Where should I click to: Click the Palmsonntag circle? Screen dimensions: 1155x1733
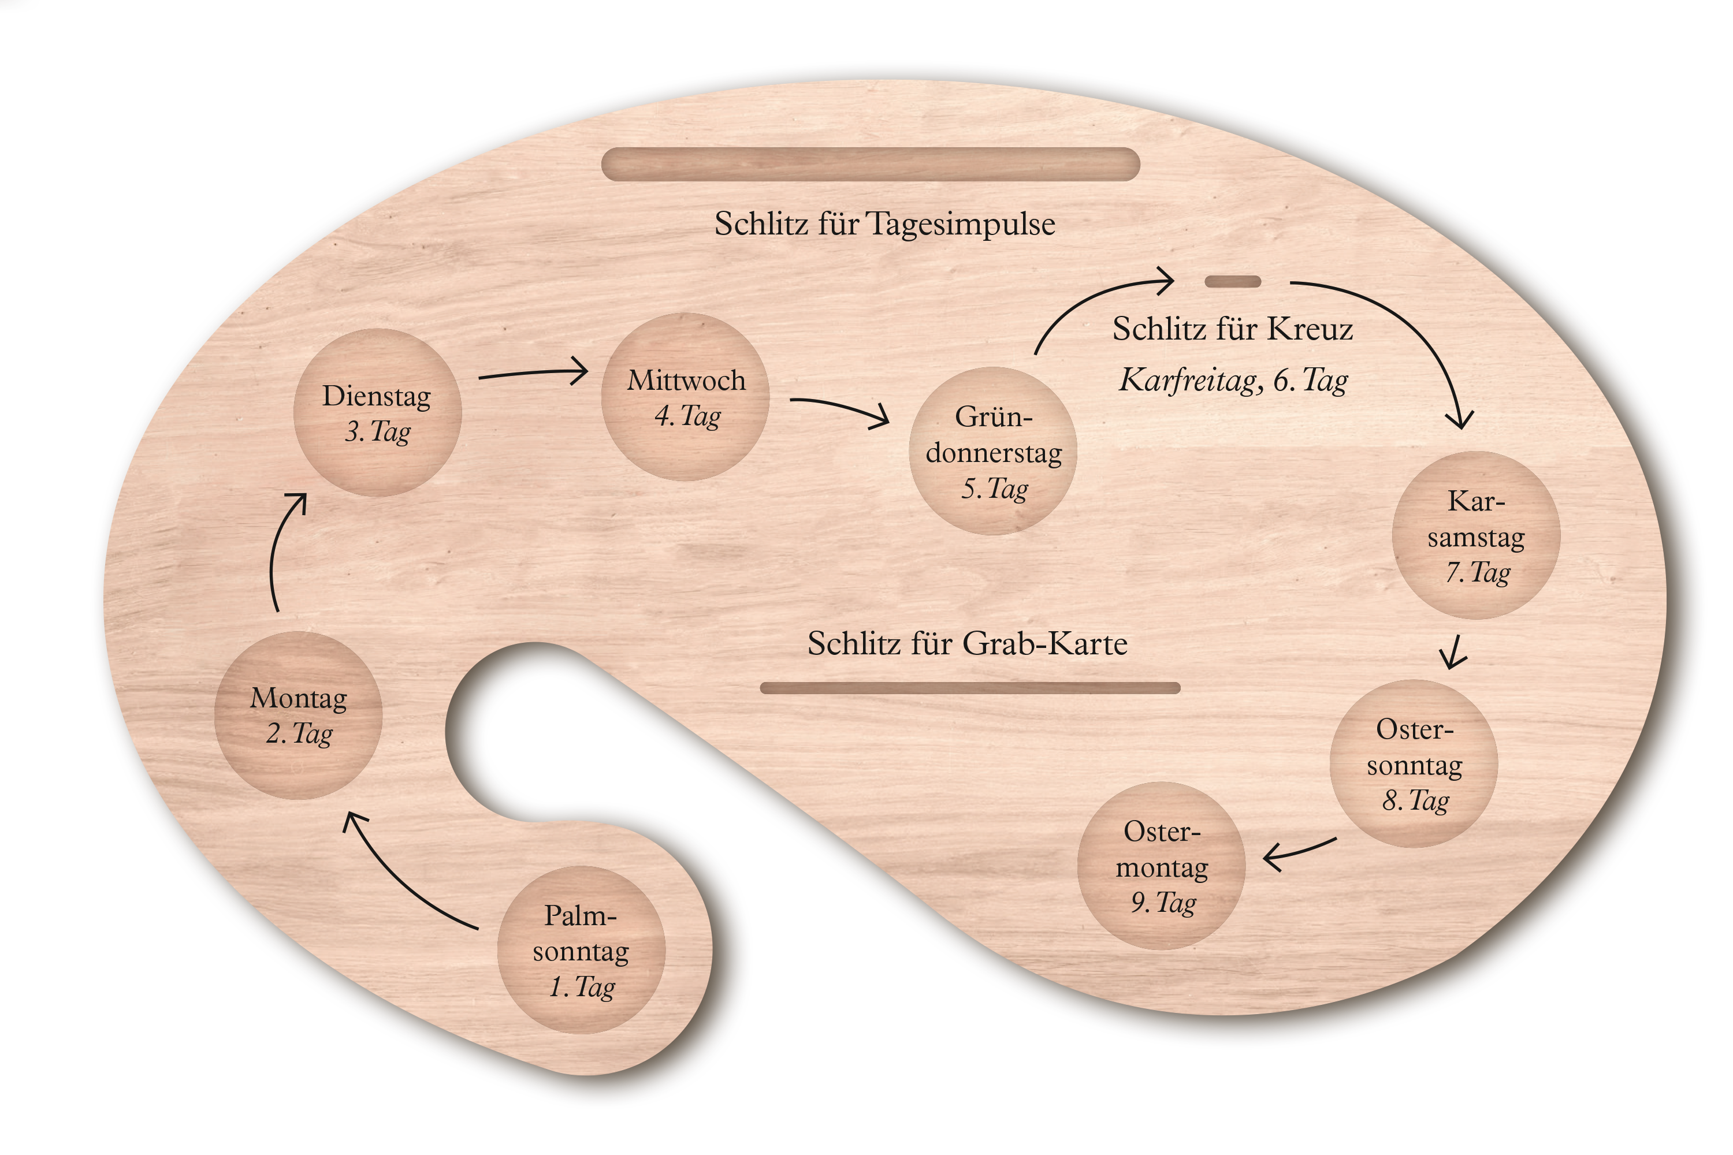pyautogui.click(x=581, y=949)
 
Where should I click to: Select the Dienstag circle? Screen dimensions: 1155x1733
pyautogui.click(x=377, y=412)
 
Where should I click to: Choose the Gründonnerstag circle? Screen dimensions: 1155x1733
pyautogui.click(x=993, y=451)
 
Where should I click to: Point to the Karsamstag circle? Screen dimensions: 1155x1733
pyautogui.click(x=1476, y=535)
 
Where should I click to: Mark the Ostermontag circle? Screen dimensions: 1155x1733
pyautogui.click(x=1161, y=866)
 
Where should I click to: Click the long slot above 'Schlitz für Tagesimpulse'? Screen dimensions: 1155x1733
pyautogui.click(x=870, y=164)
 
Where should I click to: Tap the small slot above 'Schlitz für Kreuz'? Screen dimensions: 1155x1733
pyautogui.click(x=1233, y=281)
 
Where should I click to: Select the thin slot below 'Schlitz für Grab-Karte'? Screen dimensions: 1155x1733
pyautogui.click(x=970, y=688)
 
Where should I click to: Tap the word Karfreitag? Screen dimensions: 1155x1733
pyautogui.click(x=1187, y=381)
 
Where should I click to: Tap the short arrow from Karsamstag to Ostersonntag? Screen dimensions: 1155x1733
pyautogui.click(x=1454, y=653)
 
